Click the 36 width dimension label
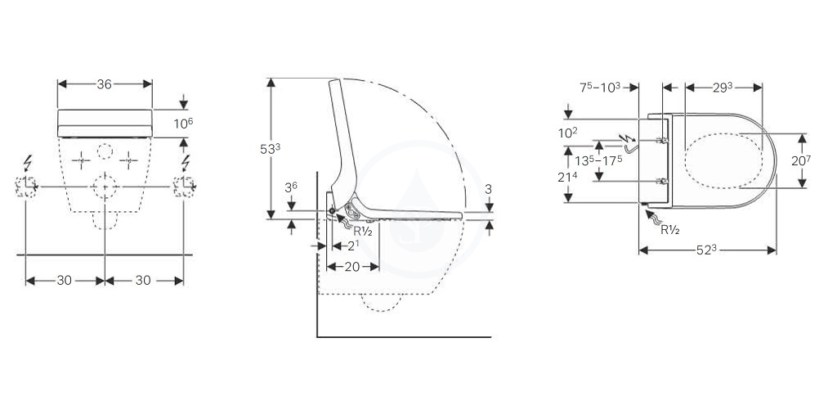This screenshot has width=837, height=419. (105, 84)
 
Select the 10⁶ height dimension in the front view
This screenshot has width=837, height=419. (183, 124)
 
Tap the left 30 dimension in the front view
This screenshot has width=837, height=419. (65, 281)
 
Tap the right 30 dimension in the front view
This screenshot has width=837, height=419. (143, 281)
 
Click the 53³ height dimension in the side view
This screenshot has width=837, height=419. (270, 149)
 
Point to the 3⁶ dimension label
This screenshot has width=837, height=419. (291, 187)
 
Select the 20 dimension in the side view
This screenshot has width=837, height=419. (352, 267)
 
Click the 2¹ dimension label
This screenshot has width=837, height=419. (353, 246)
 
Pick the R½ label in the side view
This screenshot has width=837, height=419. (363, 232)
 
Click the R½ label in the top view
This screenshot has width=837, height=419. (670, 230)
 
